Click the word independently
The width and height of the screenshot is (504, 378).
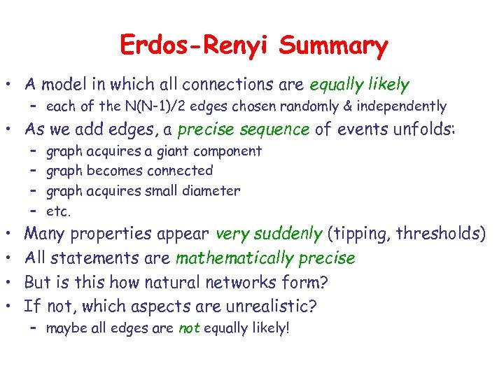(x=407, y=106)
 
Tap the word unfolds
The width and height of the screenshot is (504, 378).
(x=422, y=129)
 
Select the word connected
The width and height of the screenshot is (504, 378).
(x=178, y=171)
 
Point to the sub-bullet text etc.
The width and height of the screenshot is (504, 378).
(x=58, y=210)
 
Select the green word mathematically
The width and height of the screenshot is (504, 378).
(x=234, y=258)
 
